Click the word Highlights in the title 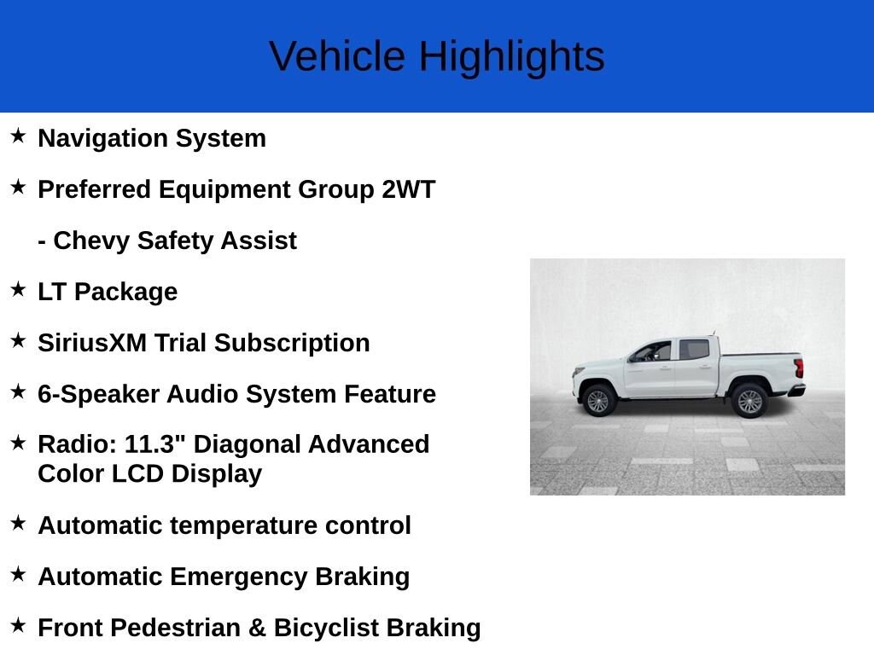[512, 57]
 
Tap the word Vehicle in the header [336, 56]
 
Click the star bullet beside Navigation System [18, 136]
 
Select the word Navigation [103, 139]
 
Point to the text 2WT [408, 189]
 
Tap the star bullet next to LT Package [18, 289]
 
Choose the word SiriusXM [92, 343]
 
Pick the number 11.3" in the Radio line [154, 443]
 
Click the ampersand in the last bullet [257, 629]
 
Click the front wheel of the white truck [598, 400]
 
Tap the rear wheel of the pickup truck [749, 401]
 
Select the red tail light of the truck [799, 368]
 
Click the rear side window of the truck [694, 350]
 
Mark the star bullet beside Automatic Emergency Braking [18, 574]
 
